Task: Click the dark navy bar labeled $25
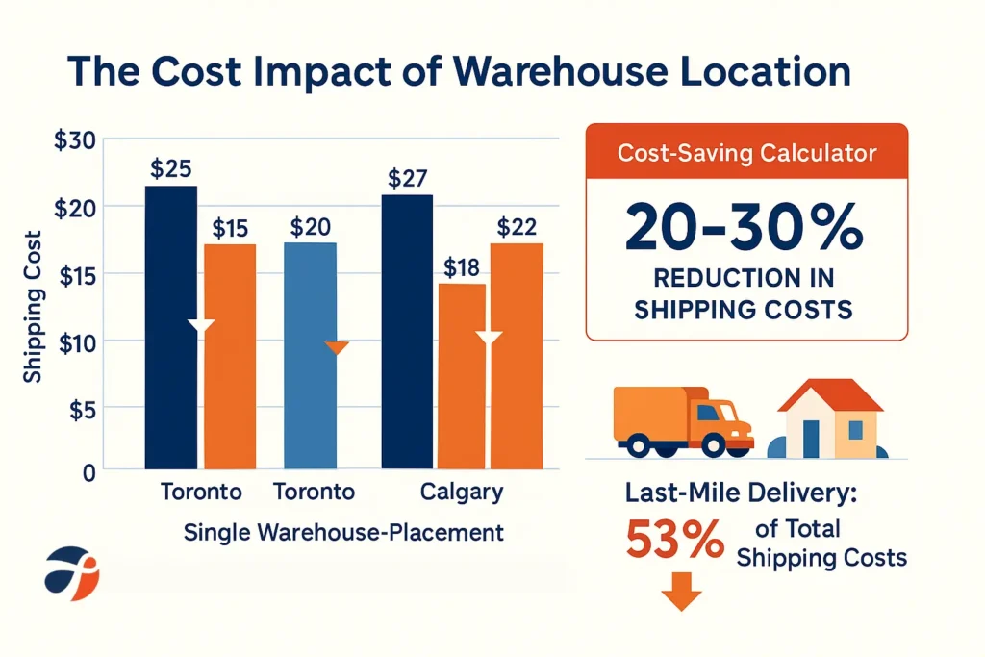170,327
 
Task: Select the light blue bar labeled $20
309,356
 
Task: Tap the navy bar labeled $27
407,332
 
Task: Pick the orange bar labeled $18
461,375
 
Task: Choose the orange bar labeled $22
517,356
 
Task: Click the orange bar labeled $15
230,356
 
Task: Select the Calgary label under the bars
462,493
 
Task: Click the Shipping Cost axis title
33,307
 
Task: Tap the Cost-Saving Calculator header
746,152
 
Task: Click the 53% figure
674,542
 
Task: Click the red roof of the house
830,393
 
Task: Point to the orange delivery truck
681,420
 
